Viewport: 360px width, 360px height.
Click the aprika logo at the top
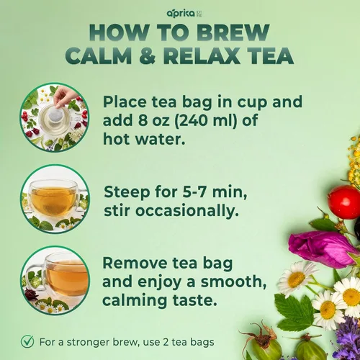[x=184, y=14]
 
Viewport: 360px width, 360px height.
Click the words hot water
[x=144, y=139]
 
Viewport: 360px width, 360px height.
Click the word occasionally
[x=187, y=211]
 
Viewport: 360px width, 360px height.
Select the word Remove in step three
[x=135, y=263]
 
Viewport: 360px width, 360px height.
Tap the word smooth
[x=233, y=282]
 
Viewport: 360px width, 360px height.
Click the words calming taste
[x=160, y=300]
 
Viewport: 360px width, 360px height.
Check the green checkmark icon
[x=27, y=341]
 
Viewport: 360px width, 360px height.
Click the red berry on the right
[x=344, y=202]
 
